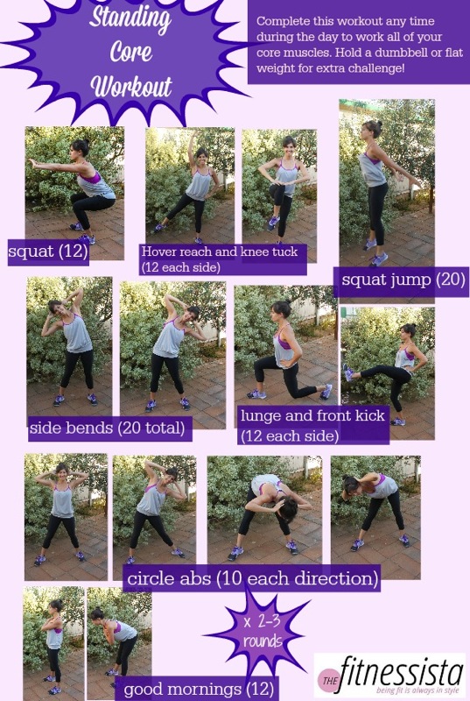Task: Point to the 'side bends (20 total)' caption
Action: point(108,428)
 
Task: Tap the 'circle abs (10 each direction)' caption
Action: point(252,578)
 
